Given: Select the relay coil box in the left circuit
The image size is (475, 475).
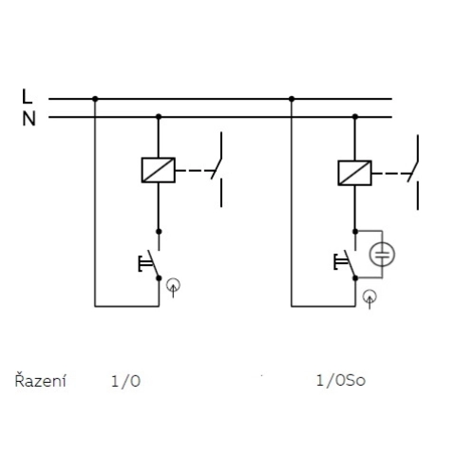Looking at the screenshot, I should point(158,169).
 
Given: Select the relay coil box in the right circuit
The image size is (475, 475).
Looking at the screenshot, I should point(354,170).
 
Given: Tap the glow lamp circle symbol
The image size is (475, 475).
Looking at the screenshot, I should point(382,254).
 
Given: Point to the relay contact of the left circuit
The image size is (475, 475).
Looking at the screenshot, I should point(220,170).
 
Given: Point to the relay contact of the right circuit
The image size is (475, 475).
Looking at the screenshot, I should point(416,170).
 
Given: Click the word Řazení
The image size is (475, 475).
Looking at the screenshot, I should point(41,382).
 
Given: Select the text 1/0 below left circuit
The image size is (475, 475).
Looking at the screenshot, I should point(125,382).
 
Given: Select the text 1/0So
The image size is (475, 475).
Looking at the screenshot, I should point(340,382).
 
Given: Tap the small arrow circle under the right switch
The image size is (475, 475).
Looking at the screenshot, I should point(369,296).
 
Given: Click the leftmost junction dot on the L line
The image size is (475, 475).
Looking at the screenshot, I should point(95,98).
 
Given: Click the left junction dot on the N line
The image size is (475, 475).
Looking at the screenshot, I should point(159,117).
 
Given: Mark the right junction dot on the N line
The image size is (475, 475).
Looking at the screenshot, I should point(354,117).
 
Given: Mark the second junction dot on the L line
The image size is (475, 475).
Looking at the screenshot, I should point(291,98).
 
